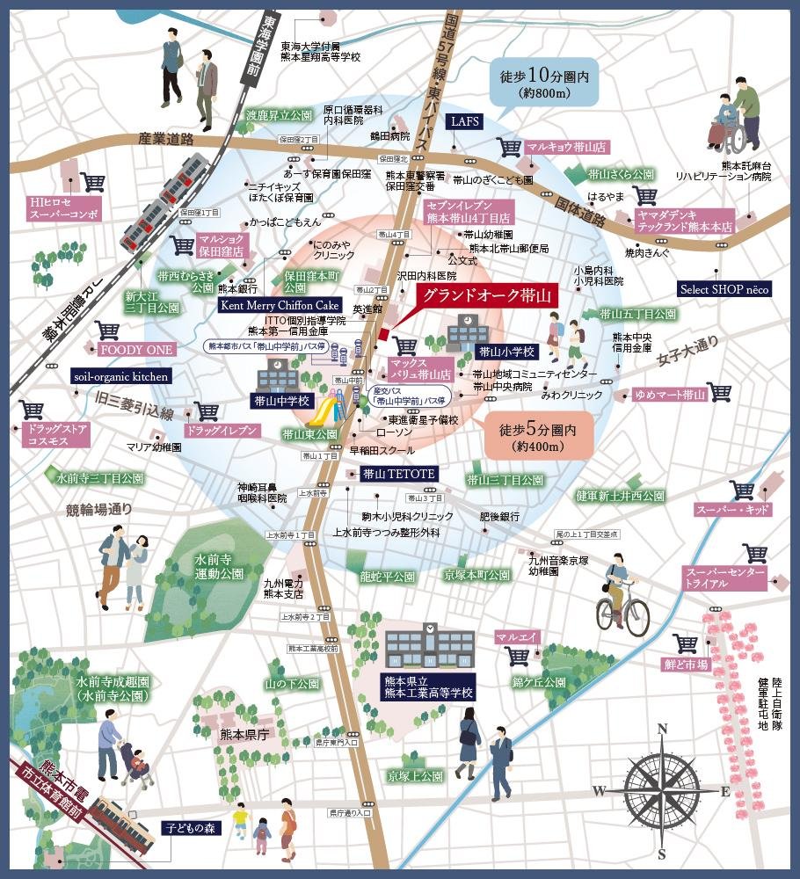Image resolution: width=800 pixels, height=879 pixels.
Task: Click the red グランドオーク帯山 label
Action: (x=486, y=296)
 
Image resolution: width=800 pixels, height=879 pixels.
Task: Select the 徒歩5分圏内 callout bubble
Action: (x=536, y=437)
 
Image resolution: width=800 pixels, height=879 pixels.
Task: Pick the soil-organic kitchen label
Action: (x=120, y=375)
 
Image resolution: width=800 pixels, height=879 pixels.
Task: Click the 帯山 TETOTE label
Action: (x=398, y=474)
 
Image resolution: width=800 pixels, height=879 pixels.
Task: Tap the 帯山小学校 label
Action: (x=506, y=352)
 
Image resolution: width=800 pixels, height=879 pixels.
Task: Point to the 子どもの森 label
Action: (x=186, y=827)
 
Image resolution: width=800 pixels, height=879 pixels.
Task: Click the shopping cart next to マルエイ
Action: (x=518, y=656)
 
